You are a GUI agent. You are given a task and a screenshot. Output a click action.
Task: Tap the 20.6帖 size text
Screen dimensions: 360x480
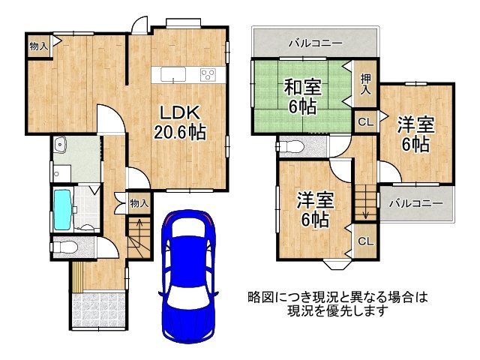coord(180,133)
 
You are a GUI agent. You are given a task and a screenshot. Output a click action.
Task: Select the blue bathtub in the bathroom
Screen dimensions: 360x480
coord(63,209)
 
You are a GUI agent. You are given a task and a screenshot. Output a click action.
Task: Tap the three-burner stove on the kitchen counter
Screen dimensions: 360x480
coord(206,74)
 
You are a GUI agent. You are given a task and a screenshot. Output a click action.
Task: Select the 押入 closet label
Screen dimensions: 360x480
coord(365,83)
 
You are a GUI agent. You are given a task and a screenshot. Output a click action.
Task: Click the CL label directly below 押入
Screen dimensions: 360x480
coord(365,121)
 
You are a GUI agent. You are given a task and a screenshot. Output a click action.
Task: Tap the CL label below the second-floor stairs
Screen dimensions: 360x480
coord(365,241)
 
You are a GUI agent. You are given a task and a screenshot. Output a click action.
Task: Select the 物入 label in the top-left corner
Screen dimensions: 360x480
coord(38,46)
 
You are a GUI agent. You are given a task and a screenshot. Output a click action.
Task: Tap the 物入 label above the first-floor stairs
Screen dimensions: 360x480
coord(139,202)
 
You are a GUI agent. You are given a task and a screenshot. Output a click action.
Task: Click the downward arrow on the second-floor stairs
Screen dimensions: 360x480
coord(366,207)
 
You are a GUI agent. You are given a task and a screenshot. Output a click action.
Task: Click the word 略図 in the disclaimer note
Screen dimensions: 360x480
coord(259,297)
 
